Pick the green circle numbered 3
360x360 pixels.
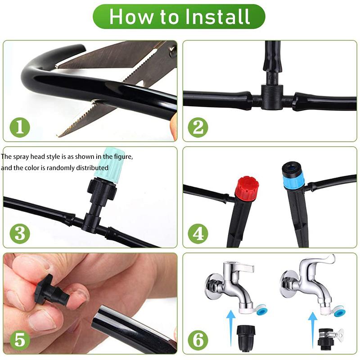coord(18,234)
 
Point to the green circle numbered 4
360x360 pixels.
coord(198,234)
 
